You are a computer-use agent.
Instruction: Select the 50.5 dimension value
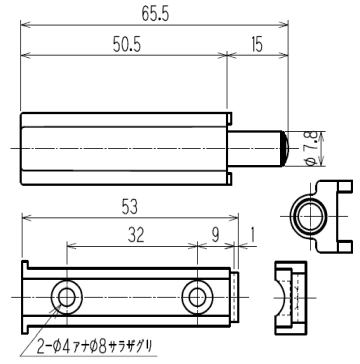(x=127, y=45)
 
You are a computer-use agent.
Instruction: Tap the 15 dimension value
(x=257, y=45)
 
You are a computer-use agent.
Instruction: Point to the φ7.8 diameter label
(x=311, y=149)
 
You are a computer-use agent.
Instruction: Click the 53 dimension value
(x=130, y=209)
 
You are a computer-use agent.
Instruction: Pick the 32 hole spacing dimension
(x=136, y=236)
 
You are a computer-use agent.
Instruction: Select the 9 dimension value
(x=216, y=236)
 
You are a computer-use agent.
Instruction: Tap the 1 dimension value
(x=252, y=236)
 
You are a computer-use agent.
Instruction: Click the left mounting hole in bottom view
(x=67, y=297)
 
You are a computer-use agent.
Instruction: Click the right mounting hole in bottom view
(x=198, y=297)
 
